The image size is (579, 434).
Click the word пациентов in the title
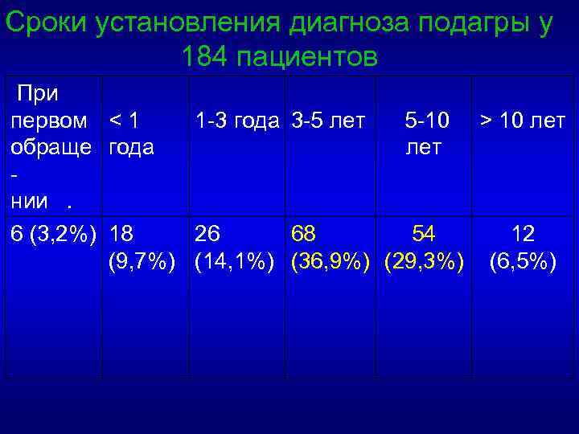[311, 57]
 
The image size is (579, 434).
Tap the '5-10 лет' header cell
[423, 135]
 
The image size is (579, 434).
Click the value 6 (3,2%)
[54, 234]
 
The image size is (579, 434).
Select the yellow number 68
[304, 234]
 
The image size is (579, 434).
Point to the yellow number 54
[423, 234]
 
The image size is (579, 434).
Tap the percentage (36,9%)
[331, 262]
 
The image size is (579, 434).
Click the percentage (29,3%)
[425, 262]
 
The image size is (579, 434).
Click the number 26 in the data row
[207, 234]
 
